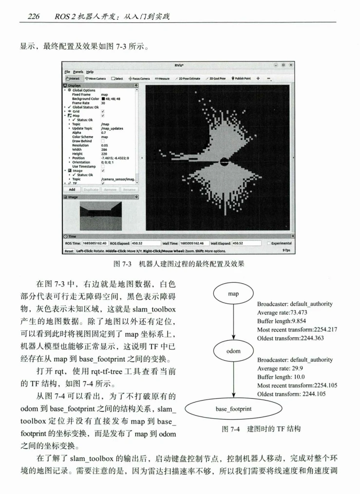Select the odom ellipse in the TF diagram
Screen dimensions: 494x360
(x=234, y=351)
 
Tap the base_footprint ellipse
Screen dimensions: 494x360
(x=234, y=408)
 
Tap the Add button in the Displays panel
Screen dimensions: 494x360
(x=72, y=189)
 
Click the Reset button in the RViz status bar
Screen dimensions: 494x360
(x=69, y=251)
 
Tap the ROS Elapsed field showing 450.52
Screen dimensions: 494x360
(x=146, y=243)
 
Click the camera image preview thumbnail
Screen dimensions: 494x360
(x=100, y=216)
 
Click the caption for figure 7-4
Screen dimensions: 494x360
(x=261, y=429)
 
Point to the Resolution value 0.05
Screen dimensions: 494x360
(x=105, y=145)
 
